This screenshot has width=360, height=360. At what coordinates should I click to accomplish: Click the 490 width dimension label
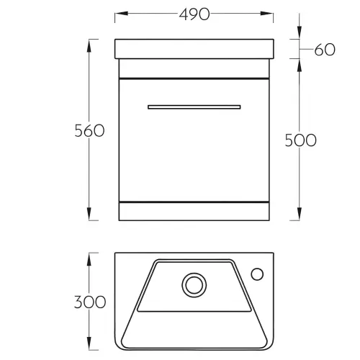pos(194,14)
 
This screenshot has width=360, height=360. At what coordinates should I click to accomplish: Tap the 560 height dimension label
pos(89,131)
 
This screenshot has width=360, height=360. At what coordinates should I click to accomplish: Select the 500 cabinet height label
pos(300,140)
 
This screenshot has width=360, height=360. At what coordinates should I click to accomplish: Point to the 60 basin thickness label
pos(325,50)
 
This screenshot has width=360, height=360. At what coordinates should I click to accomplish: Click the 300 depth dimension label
pos(90,302)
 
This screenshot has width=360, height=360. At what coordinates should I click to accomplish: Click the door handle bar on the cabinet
pos(194,107)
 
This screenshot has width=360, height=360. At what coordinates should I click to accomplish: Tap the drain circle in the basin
pos(194,285)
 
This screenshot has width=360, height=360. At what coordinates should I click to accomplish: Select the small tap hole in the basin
pos(257,274)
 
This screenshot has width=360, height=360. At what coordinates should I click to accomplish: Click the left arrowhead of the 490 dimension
pos(121,13)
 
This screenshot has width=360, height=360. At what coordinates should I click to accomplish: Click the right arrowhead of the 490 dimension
pos(267,13)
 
